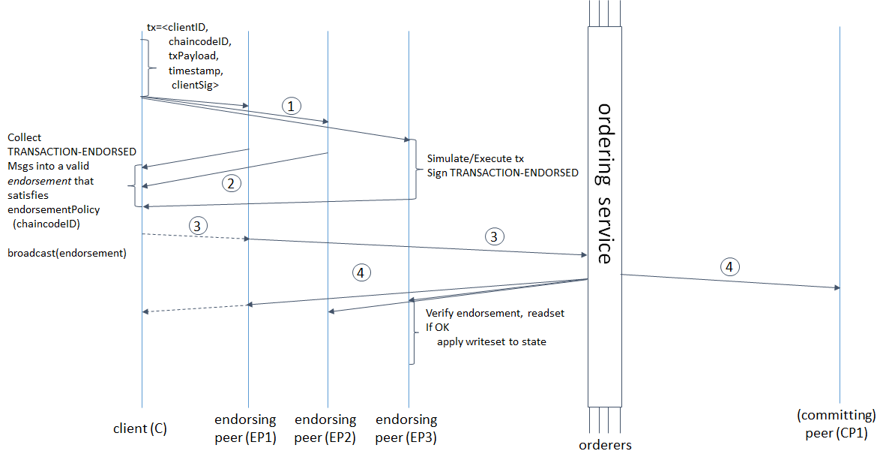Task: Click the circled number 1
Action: click(x=292, y=106)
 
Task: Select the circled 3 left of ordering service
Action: click(x=493, y=237)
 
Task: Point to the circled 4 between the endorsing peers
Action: click(x=361, y=272)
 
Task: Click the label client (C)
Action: click(x=139, y=428)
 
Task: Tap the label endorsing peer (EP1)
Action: click(x=245, y=428)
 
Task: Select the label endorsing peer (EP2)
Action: click(x=325, y=428)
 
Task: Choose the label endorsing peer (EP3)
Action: click(x=406, y=428)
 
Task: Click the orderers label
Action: click(x=605, y=445)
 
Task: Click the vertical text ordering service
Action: click(x=605, y=183)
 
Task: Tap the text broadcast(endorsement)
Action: click(x=67, y=253)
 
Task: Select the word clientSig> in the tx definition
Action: click(x=196, y=86)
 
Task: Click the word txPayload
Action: click(x=193, y=56)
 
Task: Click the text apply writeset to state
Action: click(x=492, y=341)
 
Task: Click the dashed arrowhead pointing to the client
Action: click(x=146, y=311)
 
